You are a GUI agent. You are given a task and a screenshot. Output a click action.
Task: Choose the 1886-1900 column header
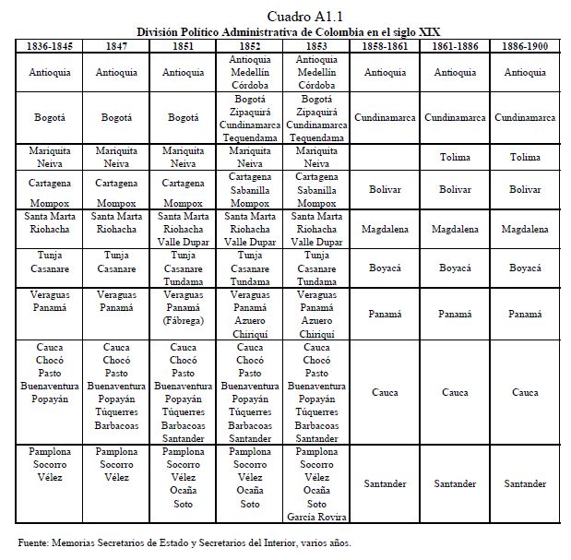coord(525,44)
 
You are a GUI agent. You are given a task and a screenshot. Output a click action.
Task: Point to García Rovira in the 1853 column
coord(317,518)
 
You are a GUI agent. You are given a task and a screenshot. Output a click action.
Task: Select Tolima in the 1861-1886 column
coord(456,157)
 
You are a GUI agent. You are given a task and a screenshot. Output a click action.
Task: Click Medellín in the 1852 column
coord(251,71)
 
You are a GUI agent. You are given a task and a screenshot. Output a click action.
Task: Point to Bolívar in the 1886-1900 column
coord(525,189)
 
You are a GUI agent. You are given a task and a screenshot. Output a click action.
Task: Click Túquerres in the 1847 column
coord(116,412)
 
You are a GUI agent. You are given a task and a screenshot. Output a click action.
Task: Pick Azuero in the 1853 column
coord(317,320)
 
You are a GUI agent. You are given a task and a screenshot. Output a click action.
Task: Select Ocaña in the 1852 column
coord(251,492)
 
